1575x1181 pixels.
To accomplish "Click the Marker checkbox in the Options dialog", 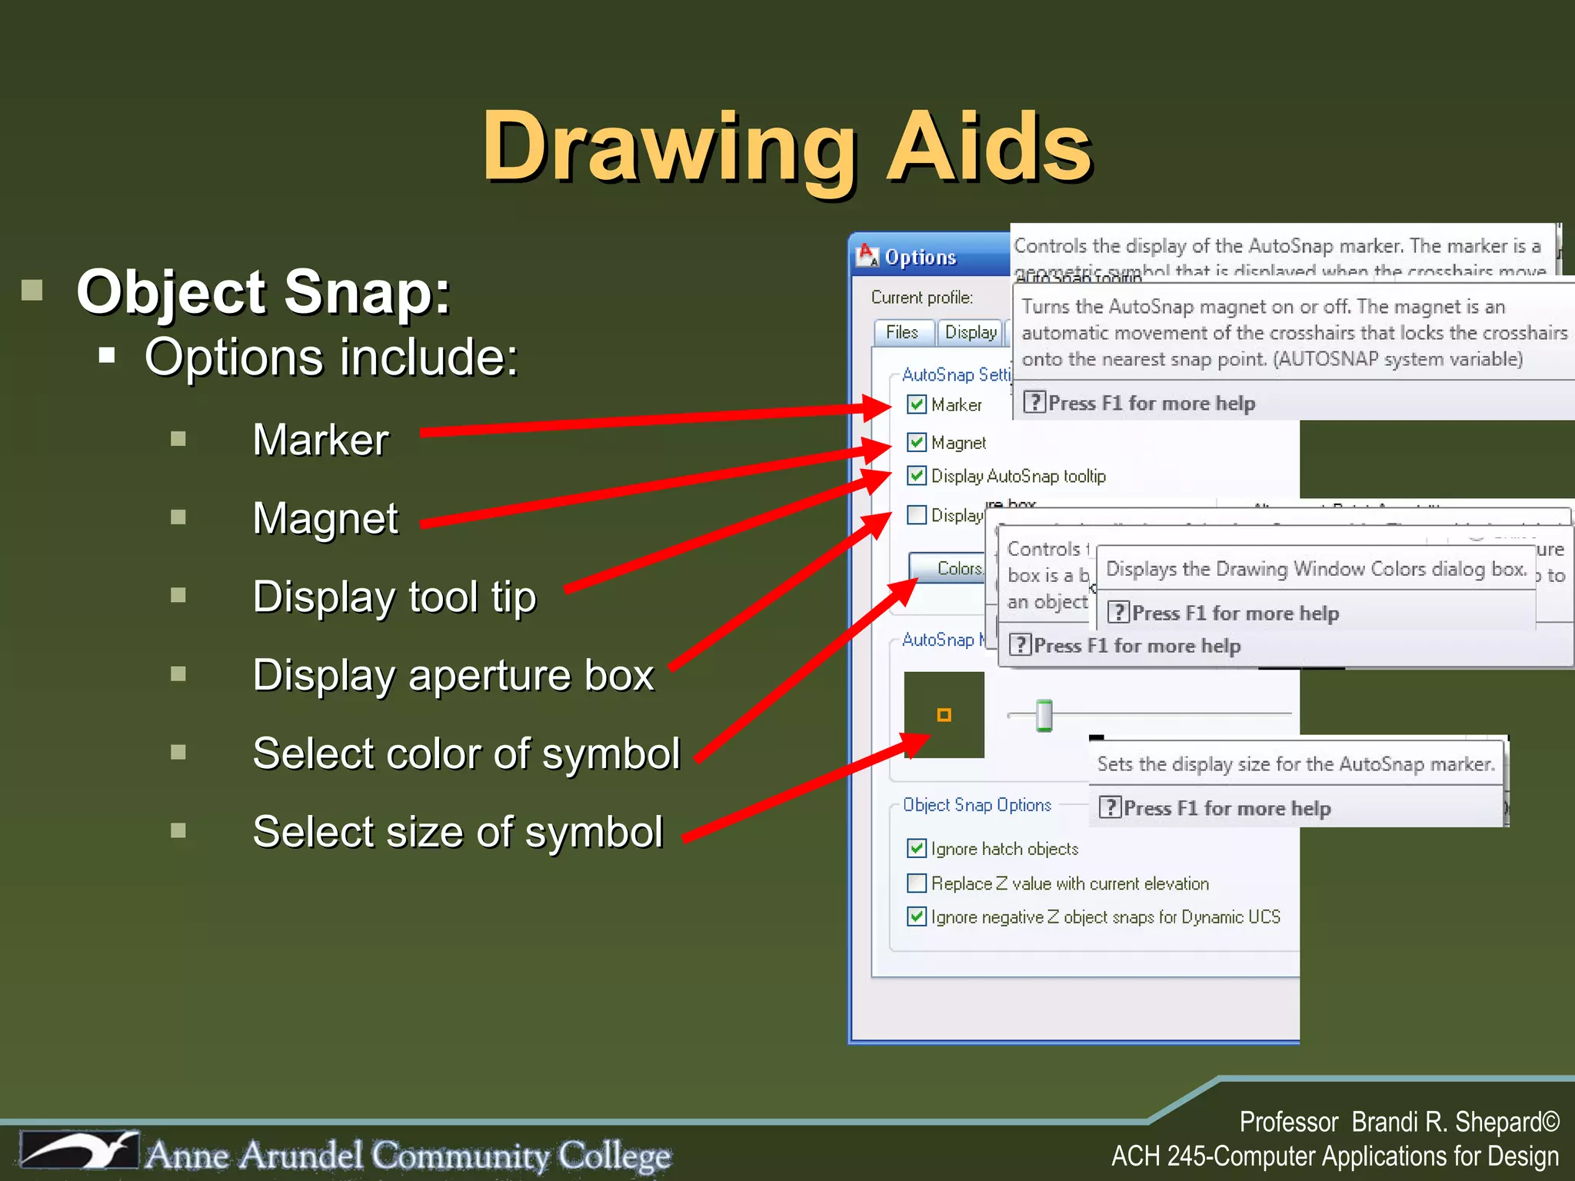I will pos(916,404).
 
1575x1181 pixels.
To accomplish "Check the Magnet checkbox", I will pos(916,442).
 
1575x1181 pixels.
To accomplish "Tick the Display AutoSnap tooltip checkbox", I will pos(916,476).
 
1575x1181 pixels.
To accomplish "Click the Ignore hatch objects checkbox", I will pos(916,849).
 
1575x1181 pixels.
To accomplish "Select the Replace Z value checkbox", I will pos(916,883).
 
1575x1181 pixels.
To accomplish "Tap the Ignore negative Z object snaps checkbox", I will pos(916,917).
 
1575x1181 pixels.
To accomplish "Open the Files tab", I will pos(903,332).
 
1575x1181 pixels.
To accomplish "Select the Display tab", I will pos(970,332).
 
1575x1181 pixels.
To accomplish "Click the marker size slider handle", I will pos(1044,715).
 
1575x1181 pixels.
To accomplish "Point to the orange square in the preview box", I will pos(944,715).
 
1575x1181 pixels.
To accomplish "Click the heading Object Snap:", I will pos(263,292).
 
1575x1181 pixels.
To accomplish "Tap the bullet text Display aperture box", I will pos(453,675).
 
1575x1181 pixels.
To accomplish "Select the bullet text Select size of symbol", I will pos(458,832).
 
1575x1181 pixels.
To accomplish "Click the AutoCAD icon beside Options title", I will pos(867,256).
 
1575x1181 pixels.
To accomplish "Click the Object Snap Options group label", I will pos(977,805).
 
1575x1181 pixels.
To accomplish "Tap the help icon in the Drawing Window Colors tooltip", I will pos(1118,613).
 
